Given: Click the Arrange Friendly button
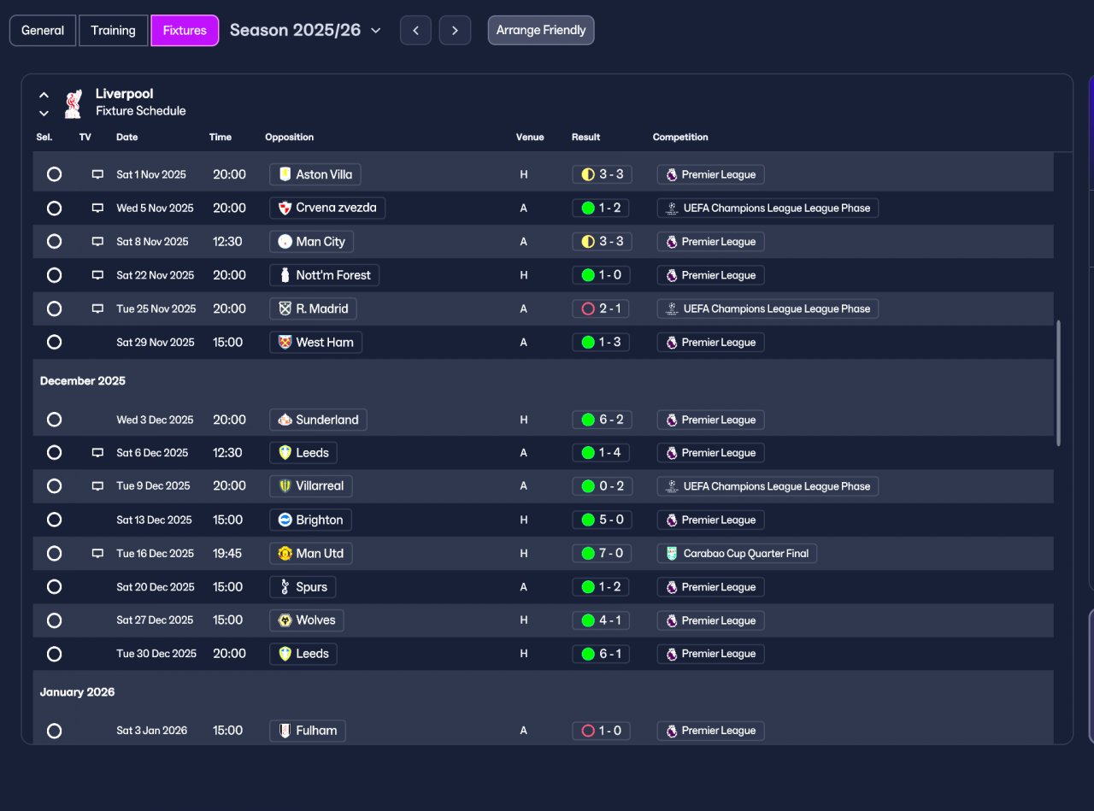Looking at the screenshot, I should tap(541, 30).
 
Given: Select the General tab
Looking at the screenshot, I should tap(43, 30).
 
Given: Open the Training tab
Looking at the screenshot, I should tap(113, 30).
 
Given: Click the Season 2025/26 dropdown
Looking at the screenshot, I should tap(305, 30).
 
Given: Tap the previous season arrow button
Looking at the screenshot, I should tap(415, 31).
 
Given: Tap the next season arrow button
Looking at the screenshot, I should tap(455, 31).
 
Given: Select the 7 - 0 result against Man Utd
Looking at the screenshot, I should tap(601, 553).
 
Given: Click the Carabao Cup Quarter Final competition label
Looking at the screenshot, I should tap(737, 553).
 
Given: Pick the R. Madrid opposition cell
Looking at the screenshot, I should tap(313, 309).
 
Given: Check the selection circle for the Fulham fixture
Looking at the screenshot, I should tap(54, 731).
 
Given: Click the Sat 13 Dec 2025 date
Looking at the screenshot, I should tap(154, 520).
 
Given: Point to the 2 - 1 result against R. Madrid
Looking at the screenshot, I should tap(601, 309).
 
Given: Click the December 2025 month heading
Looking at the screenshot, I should tap(83, 380).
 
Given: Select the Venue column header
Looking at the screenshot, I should tap(530, 137).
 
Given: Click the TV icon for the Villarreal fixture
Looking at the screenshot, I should tap(97, 485).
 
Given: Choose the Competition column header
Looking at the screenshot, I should tap(680, 137).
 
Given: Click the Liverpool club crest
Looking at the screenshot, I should tap(73, 103).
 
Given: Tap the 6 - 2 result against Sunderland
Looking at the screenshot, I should tap(601, 420).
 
